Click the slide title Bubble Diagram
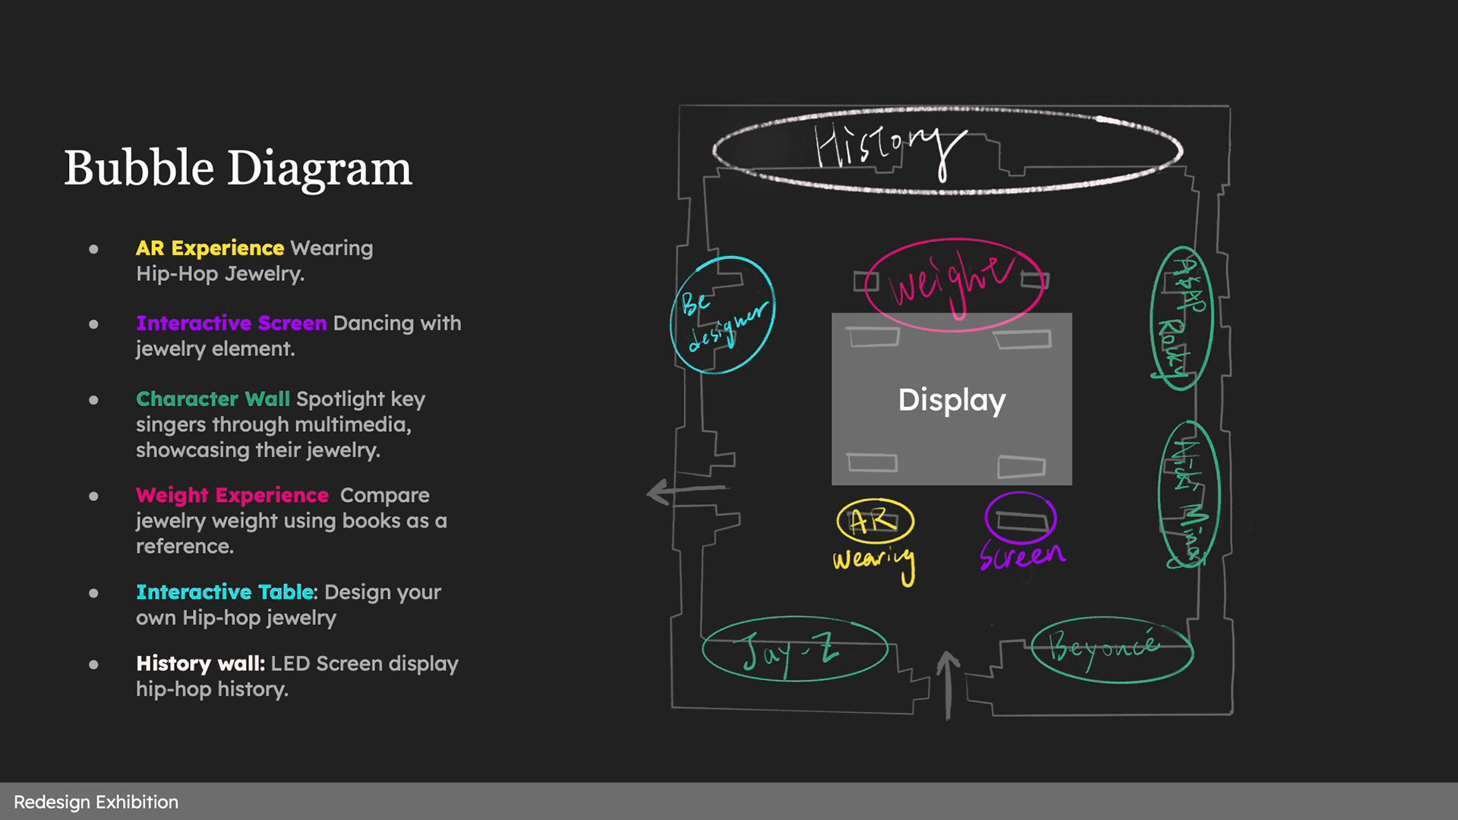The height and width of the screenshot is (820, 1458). (x=238, y=168)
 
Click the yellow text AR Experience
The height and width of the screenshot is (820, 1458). (x=210, y=248)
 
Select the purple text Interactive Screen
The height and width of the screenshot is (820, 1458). (x=231, y=323)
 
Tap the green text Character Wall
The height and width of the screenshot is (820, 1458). (x=213, y=399)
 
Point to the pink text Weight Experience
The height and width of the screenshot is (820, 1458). (x=232, y=495)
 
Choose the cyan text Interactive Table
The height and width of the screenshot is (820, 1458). (x=225, y=592)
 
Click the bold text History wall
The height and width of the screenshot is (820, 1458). (x=200, y=664)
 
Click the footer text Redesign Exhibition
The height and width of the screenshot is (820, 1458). (x=96, y=802)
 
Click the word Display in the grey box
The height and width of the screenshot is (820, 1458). (x=951, y=400)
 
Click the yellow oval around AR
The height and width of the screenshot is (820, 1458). (x=875, y=520)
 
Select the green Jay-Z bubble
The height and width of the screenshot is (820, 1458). (x=794, y=649)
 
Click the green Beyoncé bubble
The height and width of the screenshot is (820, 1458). (x=1112, y=649)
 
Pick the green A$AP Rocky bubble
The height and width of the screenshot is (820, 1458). (x=1181, y=318)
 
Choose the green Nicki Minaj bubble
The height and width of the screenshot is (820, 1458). (x=1188, y=495)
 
